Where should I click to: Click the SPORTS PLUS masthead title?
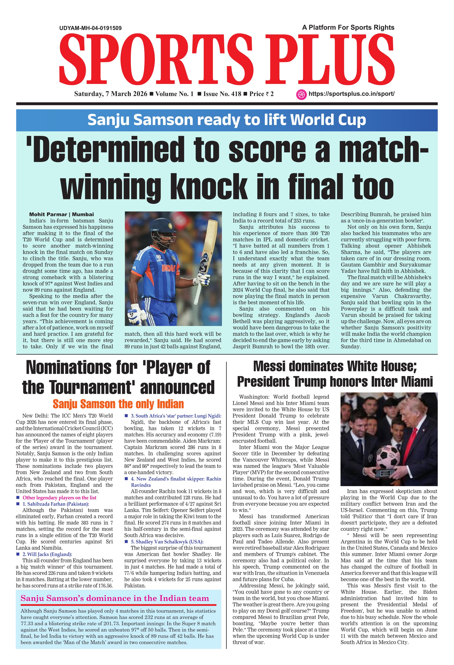click(227, 59)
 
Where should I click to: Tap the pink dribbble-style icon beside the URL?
click(301, 94)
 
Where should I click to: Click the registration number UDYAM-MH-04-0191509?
click(90, 28)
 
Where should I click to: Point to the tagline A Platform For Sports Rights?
click(348, 27)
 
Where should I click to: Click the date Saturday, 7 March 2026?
click(111, 94)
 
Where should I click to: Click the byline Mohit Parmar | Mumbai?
click(62, 214)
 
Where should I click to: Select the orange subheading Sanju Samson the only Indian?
click(118, 404)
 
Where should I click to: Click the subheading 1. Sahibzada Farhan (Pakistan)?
click(56, 504)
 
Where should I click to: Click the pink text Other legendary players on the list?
click(60, 498)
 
